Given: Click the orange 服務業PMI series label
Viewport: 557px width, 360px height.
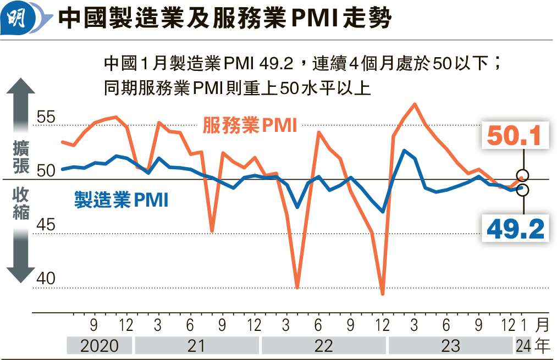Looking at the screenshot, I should tap(250, 126).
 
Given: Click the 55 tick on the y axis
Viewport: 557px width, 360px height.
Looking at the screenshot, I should tap(47, 118).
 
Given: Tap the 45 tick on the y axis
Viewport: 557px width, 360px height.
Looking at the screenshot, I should tap(47, 225).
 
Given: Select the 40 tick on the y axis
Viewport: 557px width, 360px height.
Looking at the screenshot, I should tap(47, 279).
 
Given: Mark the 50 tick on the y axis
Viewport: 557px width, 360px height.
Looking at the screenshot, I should tap(47, 171).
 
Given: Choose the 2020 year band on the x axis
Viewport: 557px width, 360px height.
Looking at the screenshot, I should tap(100, 346).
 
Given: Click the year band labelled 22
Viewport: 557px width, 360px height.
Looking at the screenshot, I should tap(323, 346).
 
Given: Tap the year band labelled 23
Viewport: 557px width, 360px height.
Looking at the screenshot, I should tap(451, 346).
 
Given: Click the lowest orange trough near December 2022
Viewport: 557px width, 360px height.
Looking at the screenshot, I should tap(382, 294).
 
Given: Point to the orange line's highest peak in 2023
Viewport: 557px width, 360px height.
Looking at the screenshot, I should tap(415, 104).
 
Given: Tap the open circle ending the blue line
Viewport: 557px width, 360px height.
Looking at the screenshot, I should tap(523, 190).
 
